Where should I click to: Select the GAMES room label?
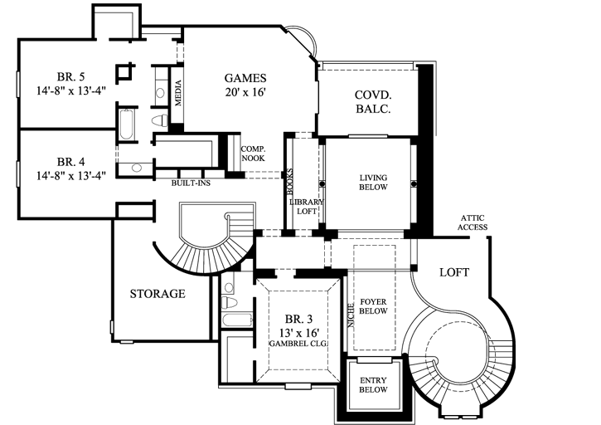point(245,78)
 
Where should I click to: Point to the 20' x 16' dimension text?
point(245,93)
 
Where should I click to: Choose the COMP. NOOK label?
point(252,154)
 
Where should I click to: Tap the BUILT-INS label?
point(191,183)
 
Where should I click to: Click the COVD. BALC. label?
point(373,101)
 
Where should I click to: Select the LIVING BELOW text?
point(374,183)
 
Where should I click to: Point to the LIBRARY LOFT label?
point(305,208)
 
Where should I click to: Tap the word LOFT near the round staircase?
point(454,272)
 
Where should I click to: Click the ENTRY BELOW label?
point(372,383)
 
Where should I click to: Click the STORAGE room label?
point(158,294)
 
